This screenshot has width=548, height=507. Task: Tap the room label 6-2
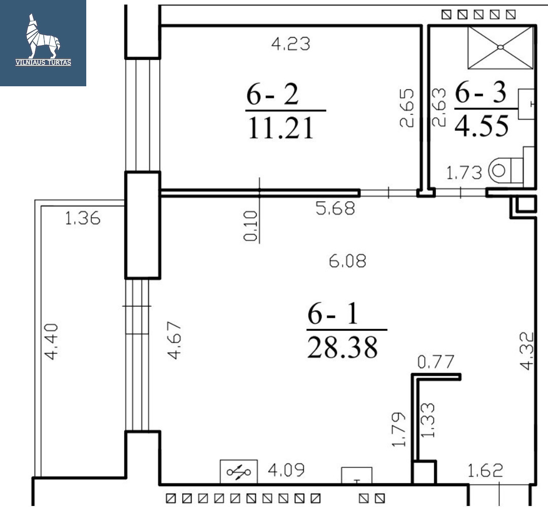[x=272, y=94]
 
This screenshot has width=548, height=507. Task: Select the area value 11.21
[x=281, y=128]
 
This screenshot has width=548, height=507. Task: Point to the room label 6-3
[x=481, y=93]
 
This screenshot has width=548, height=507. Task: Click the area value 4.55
[x=482, y=125]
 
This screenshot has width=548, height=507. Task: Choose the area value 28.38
[x=342, y=347]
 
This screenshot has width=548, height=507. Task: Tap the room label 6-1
[x=333, y=314]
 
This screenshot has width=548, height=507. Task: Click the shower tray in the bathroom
[x=500, y=47]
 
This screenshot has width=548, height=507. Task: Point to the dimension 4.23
[x=291, y=44]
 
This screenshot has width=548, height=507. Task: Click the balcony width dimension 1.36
[x=83, y=218]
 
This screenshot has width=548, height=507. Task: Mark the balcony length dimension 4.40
[x=51, y=342]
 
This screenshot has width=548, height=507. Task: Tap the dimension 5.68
[x=335, y=209]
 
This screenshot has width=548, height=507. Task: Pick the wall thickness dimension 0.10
[x=251, y=226]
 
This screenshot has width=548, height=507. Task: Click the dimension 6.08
[x=348, y=261]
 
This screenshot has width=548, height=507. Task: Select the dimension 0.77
[x=436, y=362]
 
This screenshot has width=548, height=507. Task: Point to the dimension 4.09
[x=286, y=470]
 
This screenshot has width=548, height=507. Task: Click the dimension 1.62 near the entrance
[x=485, y=470]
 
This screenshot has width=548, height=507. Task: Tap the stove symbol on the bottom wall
[x=238, y=472]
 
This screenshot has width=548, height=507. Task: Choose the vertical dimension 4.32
[x=527, y=351]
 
